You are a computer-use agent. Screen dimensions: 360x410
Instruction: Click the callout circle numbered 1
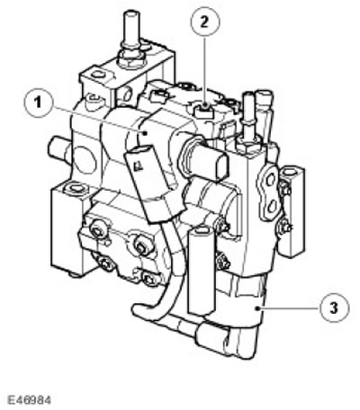coord(38,103)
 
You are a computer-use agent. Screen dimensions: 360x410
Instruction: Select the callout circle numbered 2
coord(205,22)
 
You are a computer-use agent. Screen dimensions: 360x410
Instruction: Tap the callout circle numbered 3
coord(334,307)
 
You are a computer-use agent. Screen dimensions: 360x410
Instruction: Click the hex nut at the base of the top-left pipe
coord(130,59)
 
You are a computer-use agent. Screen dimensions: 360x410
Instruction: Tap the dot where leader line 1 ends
coord(146,133)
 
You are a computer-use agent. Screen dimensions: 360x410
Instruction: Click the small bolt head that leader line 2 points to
coord(204,111)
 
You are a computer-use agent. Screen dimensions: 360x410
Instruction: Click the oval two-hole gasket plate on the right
coord(269,192)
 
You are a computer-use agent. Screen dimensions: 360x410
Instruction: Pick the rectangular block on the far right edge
coord(291,212)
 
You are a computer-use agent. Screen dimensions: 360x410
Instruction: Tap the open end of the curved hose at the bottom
coord(138,308)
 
